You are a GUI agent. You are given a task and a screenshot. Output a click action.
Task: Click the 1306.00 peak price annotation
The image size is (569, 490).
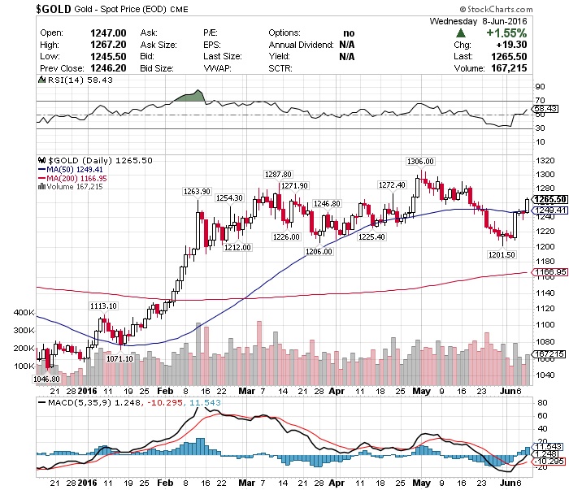click(x=419, y=161)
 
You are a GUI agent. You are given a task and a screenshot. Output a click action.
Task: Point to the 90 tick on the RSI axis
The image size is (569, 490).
click(x=537, y=85)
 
